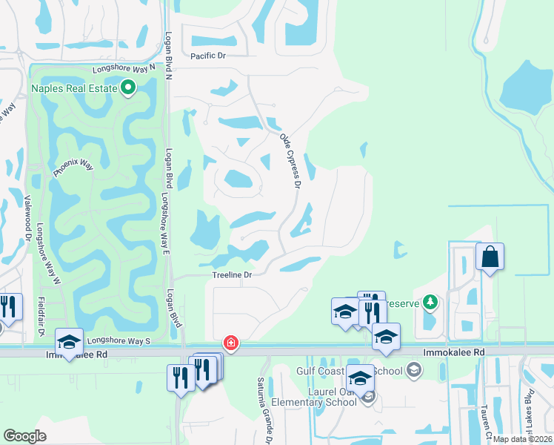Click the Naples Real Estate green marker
click(128, 88)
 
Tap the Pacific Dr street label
click(207, 56)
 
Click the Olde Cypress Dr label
click(290, 159)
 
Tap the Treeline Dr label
click(233, 275)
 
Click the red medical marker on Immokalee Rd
click(231, 342)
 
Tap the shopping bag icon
click(490, 257)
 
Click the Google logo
click(25, 436)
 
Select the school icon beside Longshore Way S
click(69, 342)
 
